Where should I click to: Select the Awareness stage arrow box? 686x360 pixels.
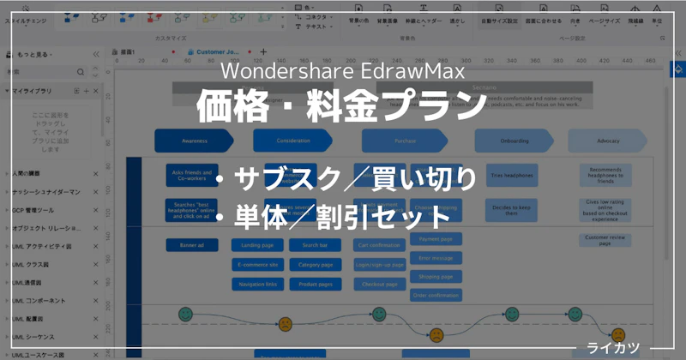[194, 140]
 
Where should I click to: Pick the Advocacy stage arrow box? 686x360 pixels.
[609, 140]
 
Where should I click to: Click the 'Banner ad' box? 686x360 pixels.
[192, 245]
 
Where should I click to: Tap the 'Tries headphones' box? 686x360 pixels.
[511, 175]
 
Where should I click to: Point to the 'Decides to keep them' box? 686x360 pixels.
[511, 209]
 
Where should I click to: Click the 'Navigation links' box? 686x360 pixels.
[258, 284]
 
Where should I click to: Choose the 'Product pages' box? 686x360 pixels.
[316, 284]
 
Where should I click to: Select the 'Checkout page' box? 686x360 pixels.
[380, 284]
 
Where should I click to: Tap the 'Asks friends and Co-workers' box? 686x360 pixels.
[192, 176]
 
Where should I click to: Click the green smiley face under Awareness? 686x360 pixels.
[185, 315]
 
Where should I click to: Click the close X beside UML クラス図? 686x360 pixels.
[95, 265]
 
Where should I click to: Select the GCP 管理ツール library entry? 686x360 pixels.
[34, 210]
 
